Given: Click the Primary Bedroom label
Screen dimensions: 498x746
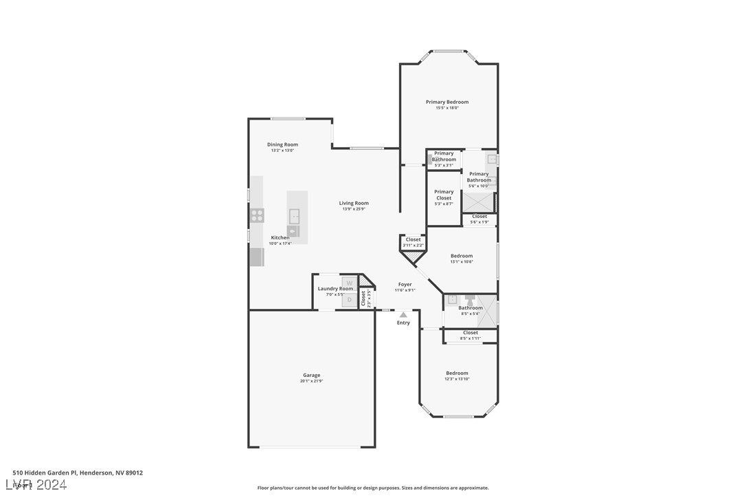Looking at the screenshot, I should pyautogui.click(x=447, y=102).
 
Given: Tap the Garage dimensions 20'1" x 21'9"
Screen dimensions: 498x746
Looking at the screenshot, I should pyautogui.click(x=312, y=381).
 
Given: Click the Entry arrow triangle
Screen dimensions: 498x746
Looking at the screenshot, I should pyautogui.click(x=403, y=315).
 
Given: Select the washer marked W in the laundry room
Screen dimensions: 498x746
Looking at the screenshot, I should pyautogui.click(x=349, y=283).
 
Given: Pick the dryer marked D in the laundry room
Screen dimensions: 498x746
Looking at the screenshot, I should pyautogui.click(x=349, y=300).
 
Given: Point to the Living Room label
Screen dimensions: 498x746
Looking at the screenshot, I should pyautogui.click(x=354, y=203).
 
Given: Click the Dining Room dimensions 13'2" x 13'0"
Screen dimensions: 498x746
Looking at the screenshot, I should pyautogui.click(x=282, y=151).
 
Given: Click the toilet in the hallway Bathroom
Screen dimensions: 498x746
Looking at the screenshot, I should pyautogui.click(x=470, y=299).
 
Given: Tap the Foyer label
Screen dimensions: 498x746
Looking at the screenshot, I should pyautogui.click(x=405, y=284).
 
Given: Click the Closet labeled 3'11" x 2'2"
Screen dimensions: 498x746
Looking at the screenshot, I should pyautogui.click(x=413, y=240).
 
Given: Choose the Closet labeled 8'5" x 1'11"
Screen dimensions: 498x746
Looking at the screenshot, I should pyautogui.click(x=471, y=333).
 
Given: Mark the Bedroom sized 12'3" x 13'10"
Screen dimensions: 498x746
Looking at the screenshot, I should pyautogui.click(x=457, y=373).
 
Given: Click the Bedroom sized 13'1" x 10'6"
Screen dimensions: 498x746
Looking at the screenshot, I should pyautogui.click(x=462, y=256).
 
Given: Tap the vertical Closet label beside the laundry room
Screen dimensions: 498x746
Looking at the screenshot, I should pyautogui.click(x=363, y=298).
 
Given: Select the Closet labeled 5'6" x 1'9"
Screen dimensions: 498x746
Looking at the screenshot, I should pyautogui.click(x=479, y=217).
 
